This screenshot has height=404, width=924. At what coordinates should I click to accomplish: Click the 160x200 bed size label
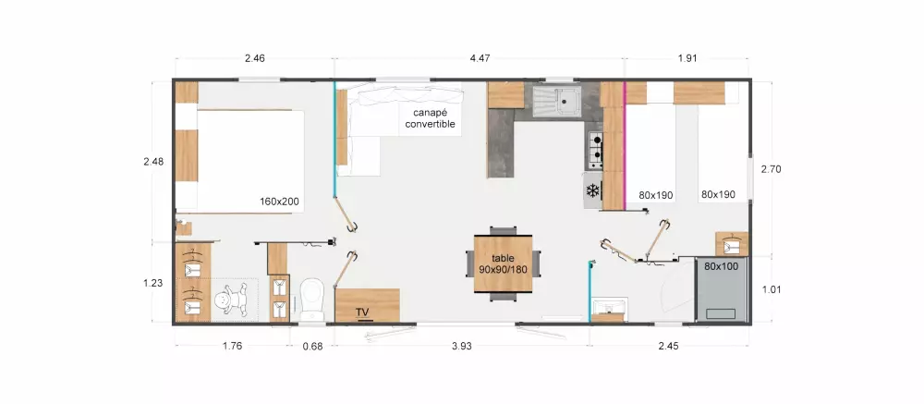[x=279, y=202]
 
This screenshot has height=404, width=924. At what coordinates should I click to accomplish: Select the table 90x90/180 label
[x=504, y=263]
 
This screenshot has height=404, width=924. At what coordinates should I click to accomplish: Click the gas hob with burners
[x=595, y=150]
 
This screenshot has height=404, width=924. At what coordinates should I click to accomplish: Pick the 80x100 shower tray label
[x=721, y=266]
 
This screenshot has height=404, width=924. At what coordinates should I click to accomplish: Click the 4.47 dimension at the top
[x=480, y=58]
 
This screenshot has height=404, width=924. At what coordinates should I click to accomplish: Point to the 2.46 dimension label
[x=255, y=58]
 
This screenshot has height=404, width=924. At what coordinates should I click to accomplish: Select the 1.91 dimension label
[x=687, y=58]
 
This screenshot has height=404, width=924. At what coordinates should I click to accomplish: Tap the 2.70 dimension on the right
[x=771, y=169]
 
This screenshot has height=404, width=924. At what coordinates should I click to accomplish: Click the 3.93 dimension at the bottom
[x=462, y=346]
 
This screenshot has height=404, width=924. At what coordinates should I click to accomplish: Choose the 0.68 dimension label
[x=313, y=346]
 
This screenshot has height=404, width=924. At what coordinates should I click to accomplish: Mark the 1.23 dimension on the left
[x=153, y=283]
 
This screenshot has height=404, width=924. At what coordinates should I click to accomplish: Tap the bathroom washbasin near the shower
[x=608, y=309]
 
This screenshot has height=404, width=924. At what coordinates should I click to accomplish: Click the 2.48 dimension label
[x=153, y=161]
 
